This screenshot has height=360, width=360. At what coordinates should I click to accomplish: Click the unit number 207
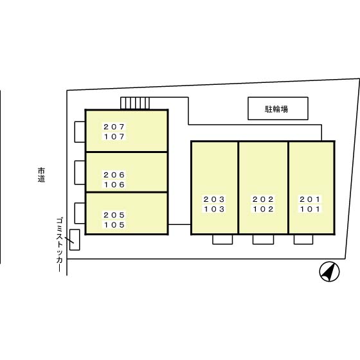[x=114, y=127]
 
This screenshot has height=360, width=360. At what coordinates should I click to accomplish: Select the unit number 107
[x=114, y=137]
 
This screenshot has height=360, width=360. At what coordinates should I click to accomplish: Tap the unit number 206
[x=114, y=175]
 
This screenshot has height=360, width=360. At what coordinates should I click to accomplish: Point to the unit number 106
[x=114, y=185]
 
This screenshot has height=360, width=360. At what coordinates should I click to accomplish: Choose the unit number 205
[x=114, y=215]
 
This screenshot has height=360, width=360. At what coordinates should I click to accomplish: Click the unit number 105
[x=114, y=225]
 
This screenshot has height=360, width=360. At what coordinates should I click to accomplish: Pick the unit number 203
[x=214, y=199]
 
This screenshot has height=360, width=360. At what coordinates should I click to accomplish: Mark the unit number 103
[x=214, y=209]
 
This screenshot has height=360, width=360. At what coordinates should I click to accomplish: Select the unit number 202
[x=263, y=199]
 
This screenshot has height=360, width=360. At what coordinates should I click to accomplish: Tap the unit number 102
[x=263, y=209]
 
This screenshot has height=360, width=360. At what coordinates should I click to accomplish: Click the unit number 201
[x=310, y=199]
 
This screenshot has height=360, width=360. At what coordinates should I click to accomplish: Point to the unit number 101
[x=310, y=209]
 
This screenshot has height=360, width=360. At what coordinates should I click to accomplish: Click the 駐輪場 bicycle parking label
[x=276, y=109]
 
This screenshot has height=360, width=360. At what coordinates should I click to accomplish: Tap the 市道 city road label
[x=41, y=175]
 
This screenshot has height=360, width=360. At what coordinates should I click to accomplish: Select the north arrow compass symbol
[x=329, y=271]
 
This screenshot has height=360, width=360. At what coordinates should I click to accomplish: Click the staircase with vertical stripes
[x=135, y=104]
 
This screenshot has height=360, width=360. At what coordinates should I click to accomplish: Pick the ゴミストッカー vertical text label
[x=59, y=245]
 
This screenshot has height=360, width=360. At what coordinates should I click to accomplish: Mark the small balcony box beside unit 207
[x=80, y=132]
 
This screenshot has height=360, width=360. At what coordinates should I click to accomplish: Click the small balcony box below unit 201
[x=303, y=239]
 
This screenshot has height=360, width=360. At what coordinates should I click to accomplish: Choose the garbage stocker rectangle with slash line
[x=75, y=240]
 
